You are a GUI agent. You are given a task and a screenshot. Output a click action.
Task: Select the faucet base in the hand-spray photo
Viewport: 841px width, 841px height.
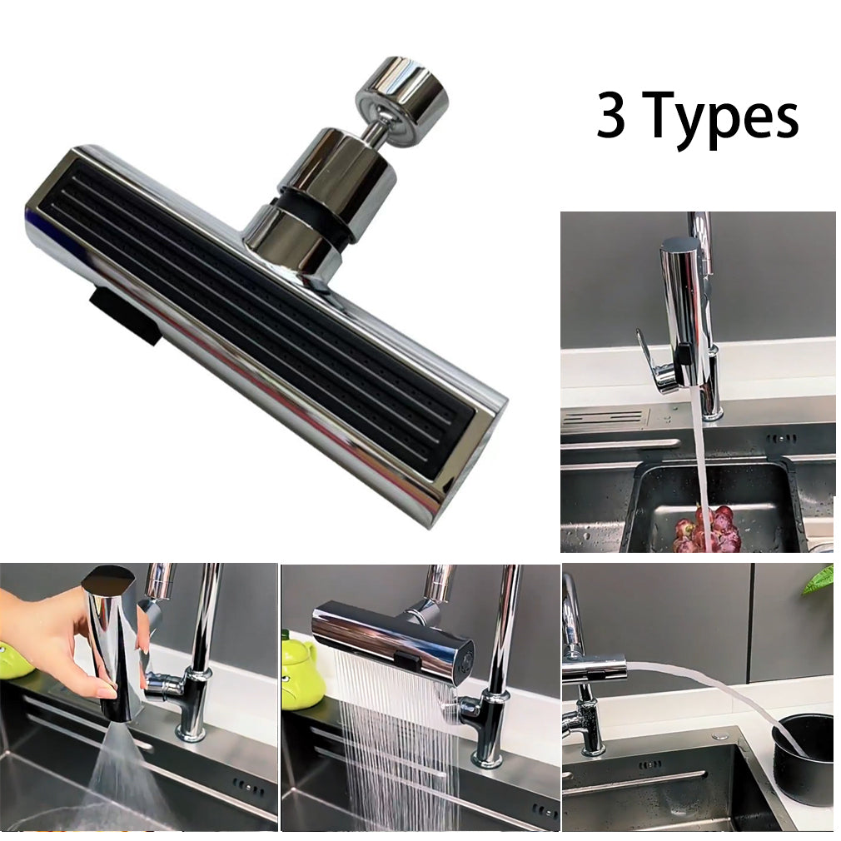192,724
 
